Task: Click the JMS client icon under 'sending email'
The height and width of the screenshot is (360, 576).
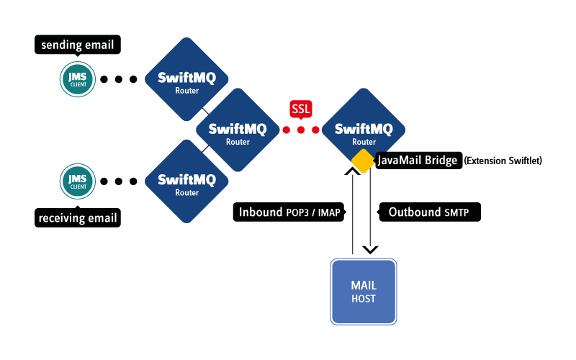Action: [78, 79]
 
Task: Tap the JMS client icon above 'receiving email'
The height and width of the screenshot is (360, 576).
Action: [78, 181]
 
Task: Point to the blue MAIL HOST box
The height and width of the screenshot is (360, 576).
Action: [363, 291]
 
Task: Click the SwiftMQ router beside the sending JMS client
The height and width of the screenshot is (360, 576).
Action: [187, 78]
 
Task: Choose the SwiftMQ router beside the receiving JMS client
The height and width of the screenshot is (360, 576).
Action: [187, 181]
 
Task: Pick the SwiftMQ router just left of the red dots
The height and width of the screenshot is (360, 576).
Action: [238, 130]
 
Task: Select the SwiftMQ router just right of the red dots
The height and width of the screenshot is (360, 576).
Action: [364, 130]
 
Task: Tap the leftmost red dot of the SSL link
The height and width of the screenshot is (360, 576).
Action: [286, 130]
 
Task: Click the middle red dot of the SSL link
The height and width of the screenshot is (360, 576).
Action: [301, 130]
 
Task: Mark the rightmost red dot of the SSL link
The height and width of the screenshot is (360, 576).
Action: [316, 130]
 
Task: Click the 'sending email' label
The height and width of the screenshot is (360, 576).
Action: [77, 45]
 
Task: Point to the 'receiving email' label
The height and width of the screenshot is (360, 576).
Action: [77, 217]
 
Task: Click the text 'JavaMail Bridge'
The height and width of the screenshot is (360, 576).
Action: [418, 161]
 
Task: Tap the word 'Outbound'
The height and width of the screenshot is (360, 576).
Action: [414, 212]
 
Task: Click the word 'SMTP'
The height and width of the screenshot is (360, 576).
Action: [457, 213]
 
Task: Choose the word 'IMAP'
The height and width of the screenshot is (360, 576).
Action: [328, 213]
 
